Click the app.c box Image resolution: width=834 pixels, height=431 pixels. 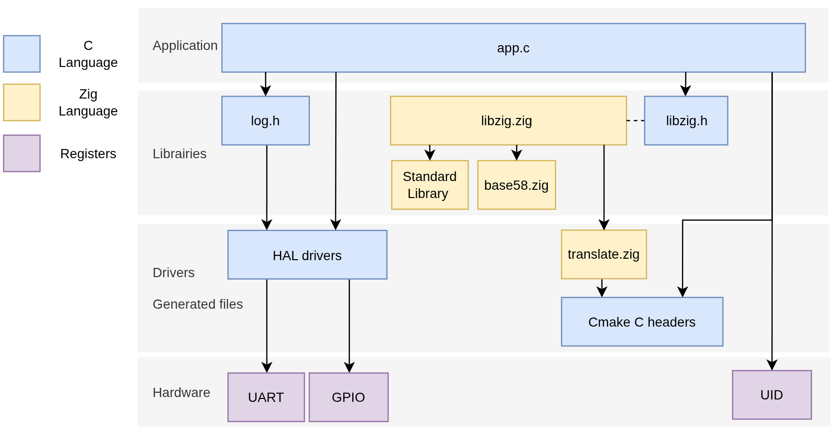click(x=513, y=48)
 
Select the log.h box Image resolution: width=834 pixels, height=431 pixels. click(x=265, y=120)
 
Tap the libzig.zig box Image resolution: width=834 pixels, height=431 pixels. click(x=508, y=120)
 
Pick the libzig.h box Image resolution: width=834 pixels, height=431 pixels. click(x=686, y=120)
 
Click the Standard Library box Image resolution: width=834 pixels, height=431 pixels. click(x=430, y=185)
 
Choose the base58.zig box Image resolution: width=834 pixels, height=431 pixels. click(x=517, y=185)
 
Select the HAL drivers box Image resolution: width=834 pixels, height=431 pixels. click(x=307, y=255)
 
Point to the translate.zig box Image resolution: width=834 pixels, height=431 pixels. click(x=604, y=254)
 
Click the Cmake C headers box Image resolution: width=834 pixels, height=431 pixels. click(x=642, y=322)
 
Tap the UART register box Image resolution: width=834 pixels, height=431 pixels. click(x=266, y=397)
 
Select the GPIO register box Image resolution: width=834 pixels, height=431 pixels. click(x=348, y=397)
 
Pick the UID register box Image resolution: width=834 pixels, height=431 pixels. click(x=772, y=395)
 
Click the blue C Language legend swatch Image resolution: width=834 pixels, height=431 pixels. click(x=22, y=54)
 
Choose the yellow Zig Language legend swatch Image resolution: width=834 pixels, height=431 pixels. click(x=22, y=102)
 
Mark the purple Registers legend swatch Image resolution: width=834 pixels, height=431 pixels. click(x=22, y=153)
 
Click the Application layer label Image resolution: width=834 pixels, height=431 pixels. click(x=185, y=46)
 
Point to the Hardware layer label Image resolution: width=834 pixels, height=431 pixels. click(x=181, y=392)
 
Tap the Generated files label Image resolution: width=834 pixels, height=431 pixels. click(x=197, y=304)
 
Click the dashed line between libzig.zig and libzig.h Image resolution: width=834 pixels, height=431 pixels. click(x=636, y=120)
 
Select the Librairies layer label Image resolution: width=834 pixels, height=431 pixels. click(x=180, y=153)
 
